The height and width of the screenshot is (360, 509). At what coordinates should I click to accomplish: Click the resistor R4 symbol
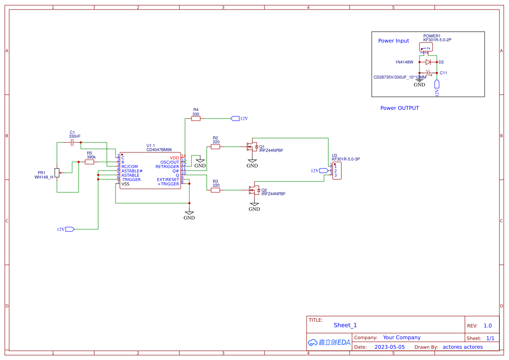point(196,119)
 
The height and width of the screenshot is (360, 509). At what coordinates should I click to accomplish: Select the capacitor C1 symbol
point(73,142)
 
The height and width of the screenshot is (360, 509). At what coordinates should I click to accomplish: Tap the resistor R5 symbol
point(89,162)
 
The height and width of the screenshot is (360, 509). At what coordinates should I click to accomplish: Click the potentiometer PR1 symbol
point(57,173)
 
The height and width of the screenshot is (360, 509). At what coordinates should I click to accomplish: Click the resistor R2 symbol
point(215,147)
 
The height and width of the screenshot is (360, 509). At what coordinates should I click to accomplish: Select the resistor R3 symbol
point(215,190)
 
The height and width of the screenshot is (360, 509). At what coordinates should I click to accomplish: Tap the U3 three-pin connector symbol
point(337,171)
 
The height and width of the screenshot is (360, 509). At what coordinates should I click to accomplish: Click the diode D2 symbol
point(428,62)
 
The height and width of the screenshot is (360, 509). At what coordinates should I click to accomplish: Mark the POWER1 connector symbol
point(426,47)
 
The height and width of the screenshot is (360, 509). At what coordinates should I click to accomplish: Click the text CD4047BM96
point(159,150)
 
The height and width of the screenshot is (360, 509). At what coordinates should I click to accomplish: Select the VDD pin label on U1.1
point(174,158)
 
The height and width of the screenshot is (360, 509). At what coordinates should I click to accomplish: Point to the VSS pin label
point(125,184)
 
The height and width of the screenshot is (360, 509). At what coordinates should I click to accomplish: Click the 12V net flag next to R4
point(235,119)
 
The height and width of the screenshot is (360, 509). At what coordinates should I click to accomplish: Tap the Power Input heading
point(393,41)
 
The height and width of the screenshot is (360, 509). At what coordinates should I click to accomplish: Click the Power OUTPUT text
point(400,108)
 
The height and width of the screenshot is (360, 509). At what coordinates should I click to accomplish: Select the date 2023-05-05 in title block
point(390,347)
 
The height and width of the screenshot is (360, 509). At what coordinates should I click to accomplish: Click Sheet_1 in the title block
point(345,325)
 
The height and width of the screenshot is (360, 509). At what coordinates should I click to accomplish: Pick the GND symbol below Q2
point(254,206)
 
